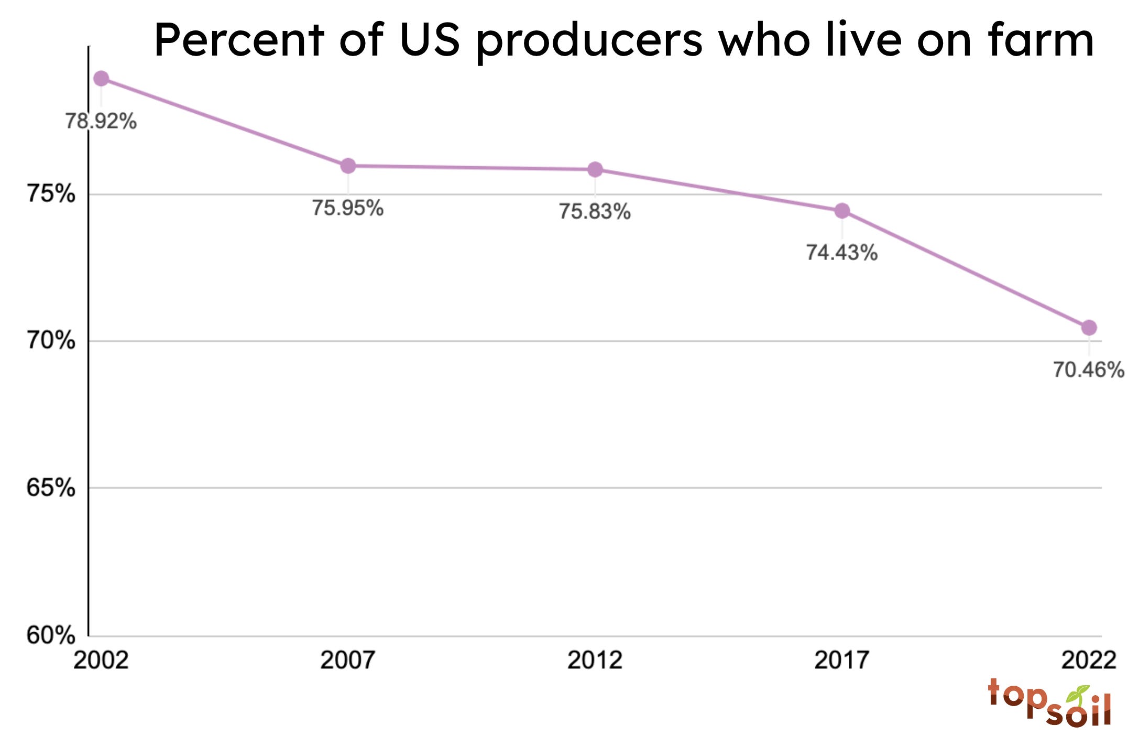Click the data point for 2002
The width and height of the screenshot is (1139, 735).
click(x=101, y=79)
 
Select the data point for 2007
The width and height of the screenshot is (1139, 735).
click(x=348, y=166)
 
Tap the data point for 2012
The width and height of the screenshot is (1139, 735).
click(x=595, y=169)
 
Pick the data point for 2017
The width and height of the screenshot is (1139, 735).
click(x=842, y=211)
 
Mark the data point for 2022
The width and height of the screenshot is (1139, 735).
click(x=1089, y=328)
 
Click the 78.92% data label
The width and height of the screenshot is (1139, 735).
click(x=101, y=122)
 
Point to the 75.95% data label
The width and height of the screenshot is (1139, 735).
click(x=348, y=208)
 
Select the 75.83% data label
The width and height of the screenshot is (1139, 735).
click(x=595, y=212)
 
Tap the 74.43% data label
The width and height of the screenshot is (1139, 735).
click(x=842, y=253)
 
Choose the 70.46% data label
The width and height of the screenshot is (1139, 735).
click(x=1089, y=370)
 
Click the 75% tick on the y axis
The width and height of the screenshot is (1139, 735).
click(x=51, y=194)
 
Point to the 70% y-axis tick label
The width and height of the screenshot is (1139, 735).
click(x=51, y=341)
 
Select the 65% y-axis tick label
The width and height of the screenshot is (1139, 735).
click(x=51, y=488)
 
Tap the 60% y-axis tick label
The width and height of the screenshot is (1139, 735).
click(x=51, y=635)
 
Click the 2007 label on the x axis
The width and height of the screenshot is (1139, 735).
click(x=348, y=660)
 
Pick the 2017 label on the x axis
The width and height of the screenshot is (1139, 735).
click(x=842, y=660)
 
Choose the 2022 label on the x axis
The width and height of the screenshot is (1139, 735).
click(x=1089, y=660)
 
